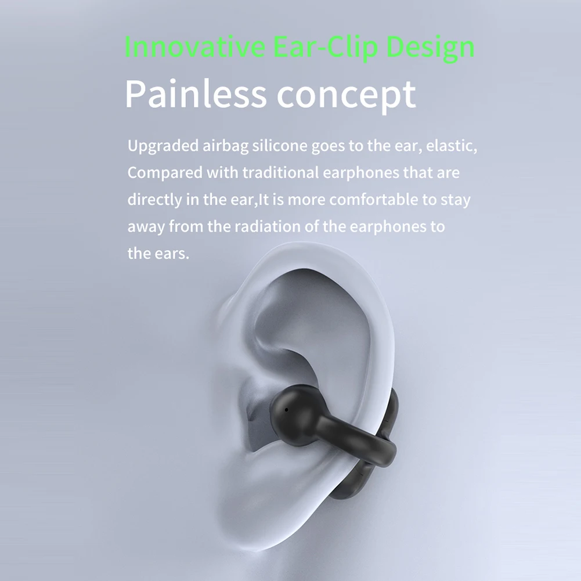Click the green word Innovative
click(194, 47)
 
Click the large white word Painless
click(195, 95)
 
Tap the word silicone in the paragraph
click(280, 146)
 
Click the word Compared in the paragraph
click(165, 173)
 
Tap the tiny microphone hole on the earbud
click(286, 410)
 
